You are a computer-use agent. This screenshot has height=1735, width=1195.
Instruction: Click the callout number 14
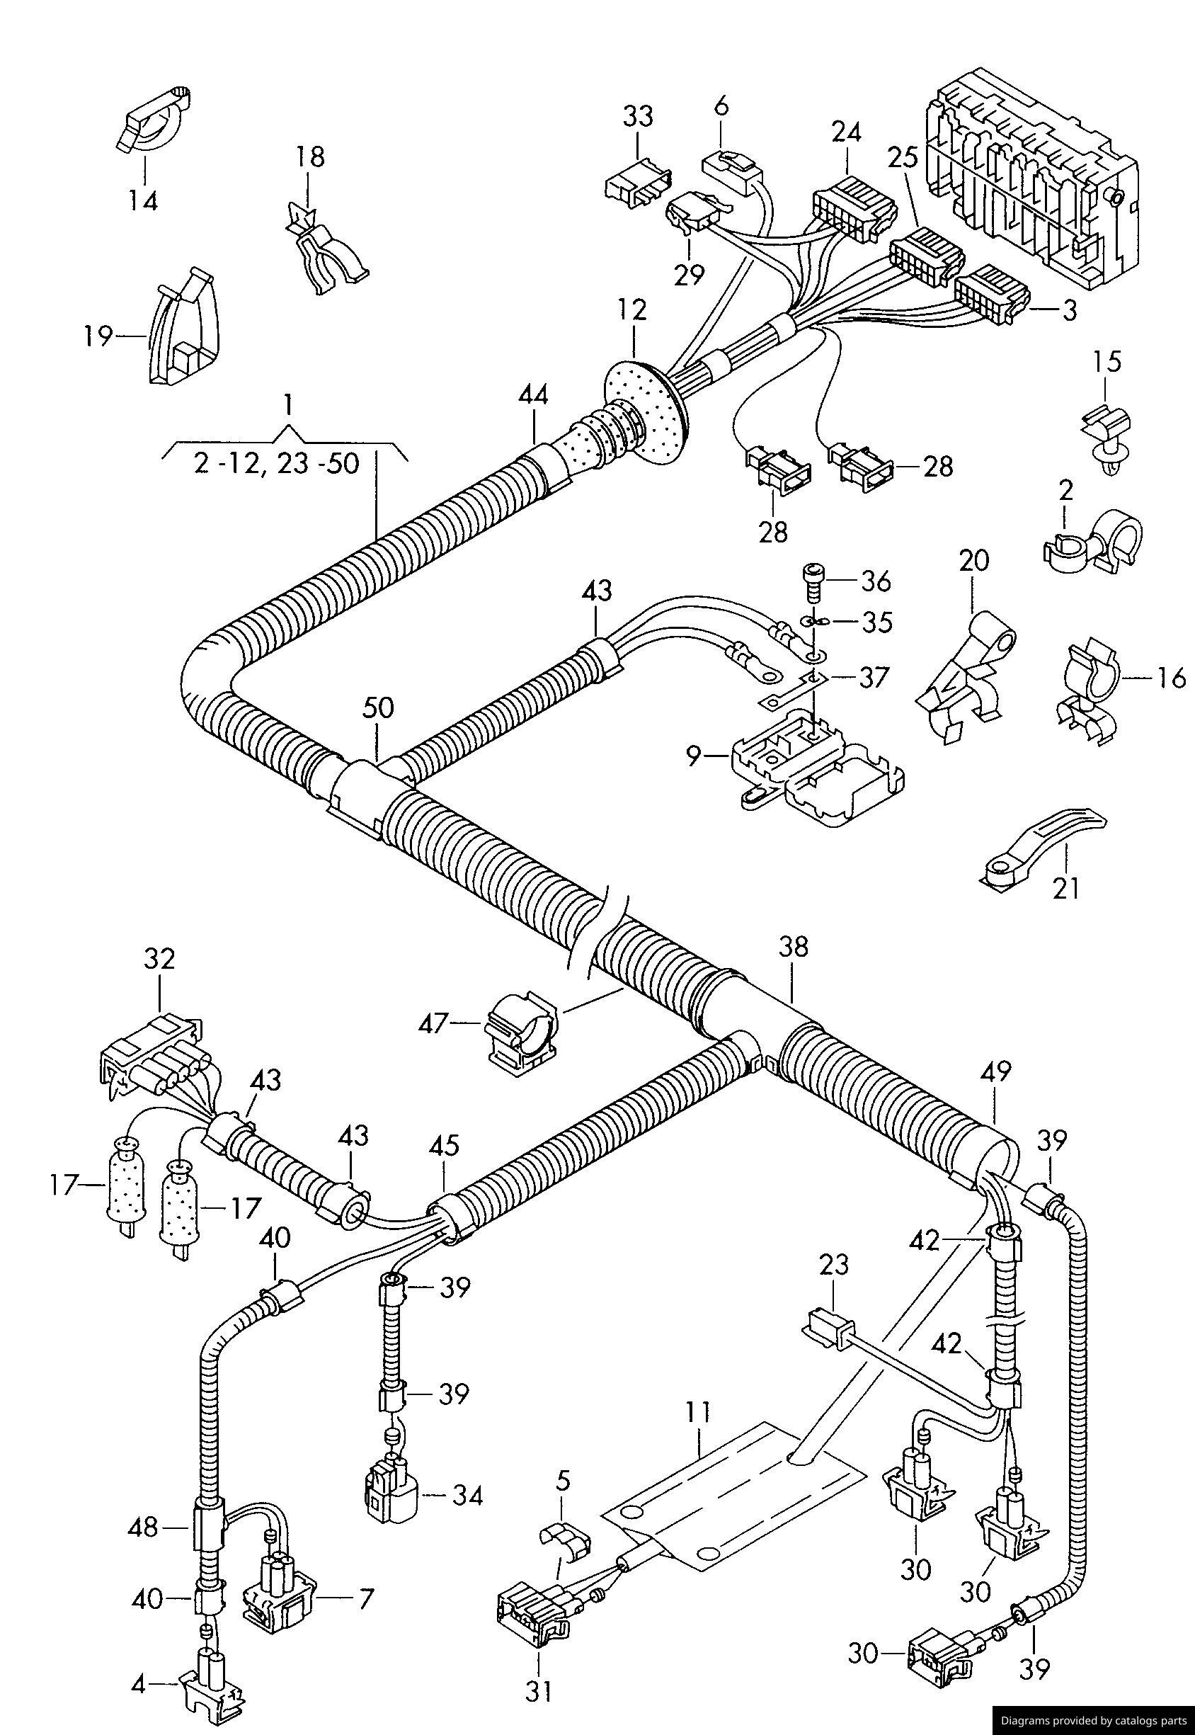point(142,200)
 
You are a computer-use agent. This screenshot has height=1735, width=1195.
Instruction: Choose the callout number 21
point(1066,888)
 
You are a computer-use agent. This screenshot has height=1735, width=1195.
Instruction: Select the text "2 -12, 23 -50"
point(276,465)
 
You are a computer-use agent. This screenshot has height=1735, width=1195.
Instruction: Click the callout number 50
point(378,708)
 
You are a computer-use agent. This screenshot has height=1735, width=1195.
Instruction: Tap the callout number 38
point(794,948)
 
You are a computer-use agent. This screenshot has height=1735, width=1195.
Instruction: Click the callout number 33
point(638,117)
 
